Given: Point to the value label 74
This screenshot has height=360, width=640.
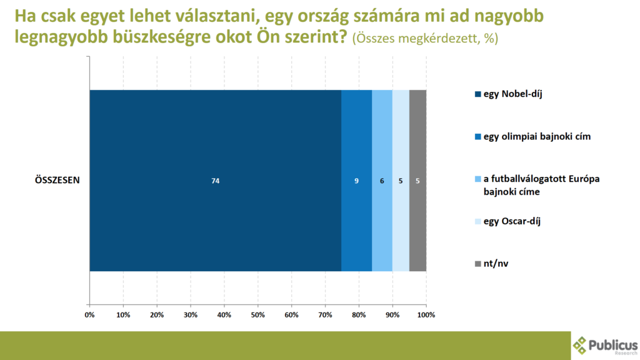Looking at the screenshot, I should pos(216,181).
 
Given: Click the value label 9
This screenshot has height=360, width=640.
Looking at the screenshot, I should pos(356,181).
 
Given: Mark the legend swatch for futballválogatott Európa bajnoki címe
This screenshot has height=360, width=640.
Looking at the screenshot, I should pos(479,179).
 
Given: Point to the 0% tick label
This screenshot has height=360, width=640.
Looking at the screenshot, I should pos(89,314).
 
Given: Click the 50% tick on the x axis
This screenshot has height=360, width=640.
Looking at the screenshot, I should pos(257,314).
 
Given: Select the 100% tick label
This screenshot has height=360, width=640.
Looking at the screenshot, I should pos(426,314).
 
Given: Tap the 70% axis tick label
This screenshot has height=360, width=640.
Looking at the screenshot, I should pos(325,314).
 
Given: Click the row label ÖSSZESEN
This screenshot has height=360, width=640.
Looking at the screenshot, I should pos(56,181).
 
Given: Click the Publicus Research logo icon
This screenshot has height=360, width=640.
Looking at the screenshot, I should pos(581,345).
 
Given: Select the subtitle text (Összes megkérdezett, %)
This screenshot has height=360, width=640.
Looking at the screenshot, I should pos(425,37).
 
